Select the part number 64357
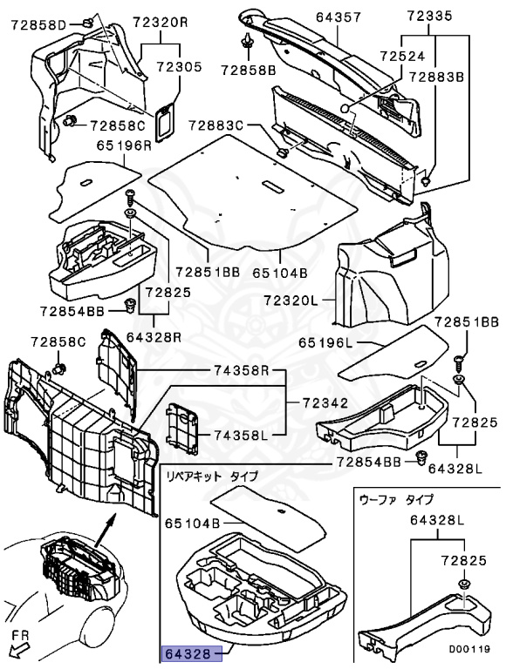coord(339,17)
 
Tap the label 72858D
coord(38,25)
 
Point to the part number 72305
coord(179,67)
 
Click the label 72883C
coord(215,125)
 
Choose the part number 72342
coord(325,402)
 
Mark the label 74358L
coord(241,436)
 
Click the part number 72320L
coord(291,301)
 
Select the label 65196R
coord(124,145)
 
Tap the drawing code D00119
coord(469,649)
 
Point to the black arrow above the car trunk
coord(106,530)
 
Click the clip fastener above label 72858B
coord(247,42)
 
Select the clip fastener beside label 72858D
coord(86,22)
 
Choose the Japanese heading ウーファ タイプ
coord(396,499)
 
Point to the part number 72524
coord(403,56)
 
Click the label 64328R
coord(154,337)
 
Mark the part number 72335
coord(429,17)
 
